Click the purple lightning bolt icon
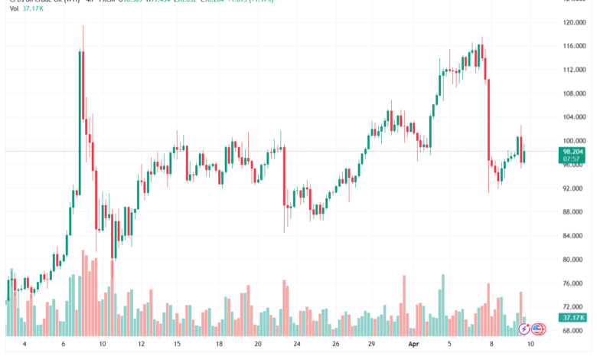(524, 329)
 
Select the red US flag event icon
(537, 329)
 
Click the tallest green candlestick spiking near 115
(80, 84)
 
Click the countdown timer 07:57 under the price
(570, 161)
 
